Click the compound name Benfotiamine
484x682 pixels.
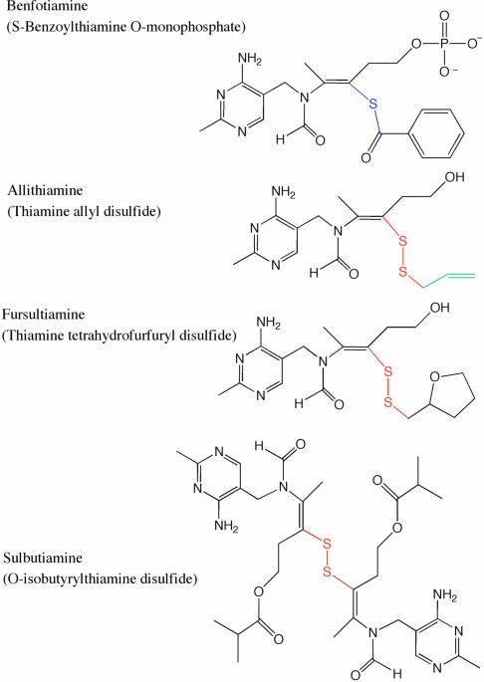(x=47, y=6)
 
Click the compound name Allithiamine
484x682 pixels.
(x=45, y=190)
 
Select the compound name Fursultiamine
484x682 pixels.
(x=44, y=314)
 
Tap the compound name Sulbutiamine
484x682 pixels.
(x=43, y=558)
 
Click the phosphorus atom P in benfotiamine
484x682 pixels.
(x=444, y=44)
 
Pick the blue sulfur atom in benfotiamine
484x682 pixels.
(x=372, y=104)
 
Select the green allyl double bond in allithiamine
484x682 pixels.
(x=460, y=276)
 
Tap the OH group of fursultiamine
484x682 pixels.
(x=439, y=308)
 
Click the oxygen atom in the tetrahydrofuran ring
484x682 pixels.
(x=435, y=376)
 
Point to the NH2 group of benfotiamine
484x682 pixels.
(x=249, y=59)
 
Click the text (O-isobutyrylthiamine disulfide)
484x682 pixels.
(x=101, y=578)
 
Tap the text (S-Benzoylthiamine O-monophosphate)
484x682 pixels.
(x=126, y=28)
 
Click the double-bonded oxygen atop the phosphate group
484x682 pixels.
(x=444, y=16)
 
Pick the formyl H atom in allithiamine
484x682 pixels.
(x=314, y=272)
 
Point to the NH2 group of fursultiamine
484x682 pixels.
(x=269, y=324)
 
